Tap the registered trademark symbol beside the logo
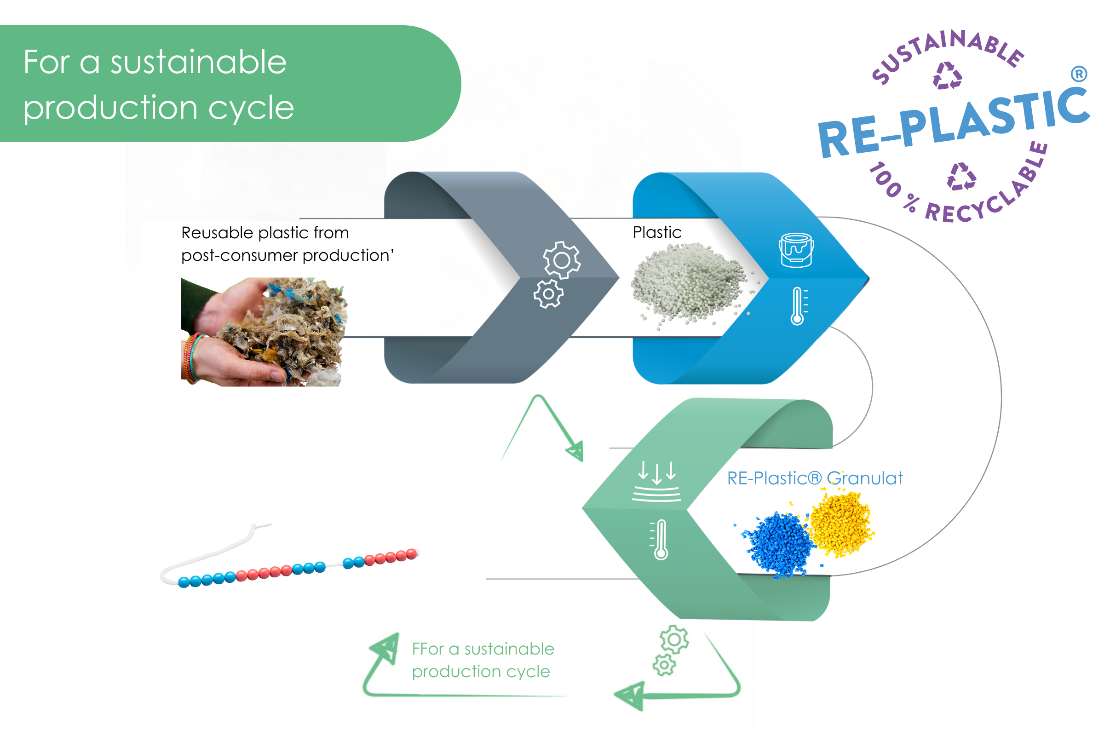coord(1079,74)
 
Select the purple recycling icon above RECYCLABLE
coord(961,177)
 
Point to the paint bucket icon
coord(796,250)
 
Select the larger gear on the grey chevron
coord(562,260)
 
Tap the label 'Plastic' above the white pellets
coord(657,232)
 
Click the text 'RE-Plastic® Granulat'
coord(815,478)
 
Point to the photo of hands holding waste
coord(264,332)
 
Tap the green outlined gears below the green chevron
coord(671,650)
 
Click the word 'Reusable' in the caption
coord(217,233)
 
